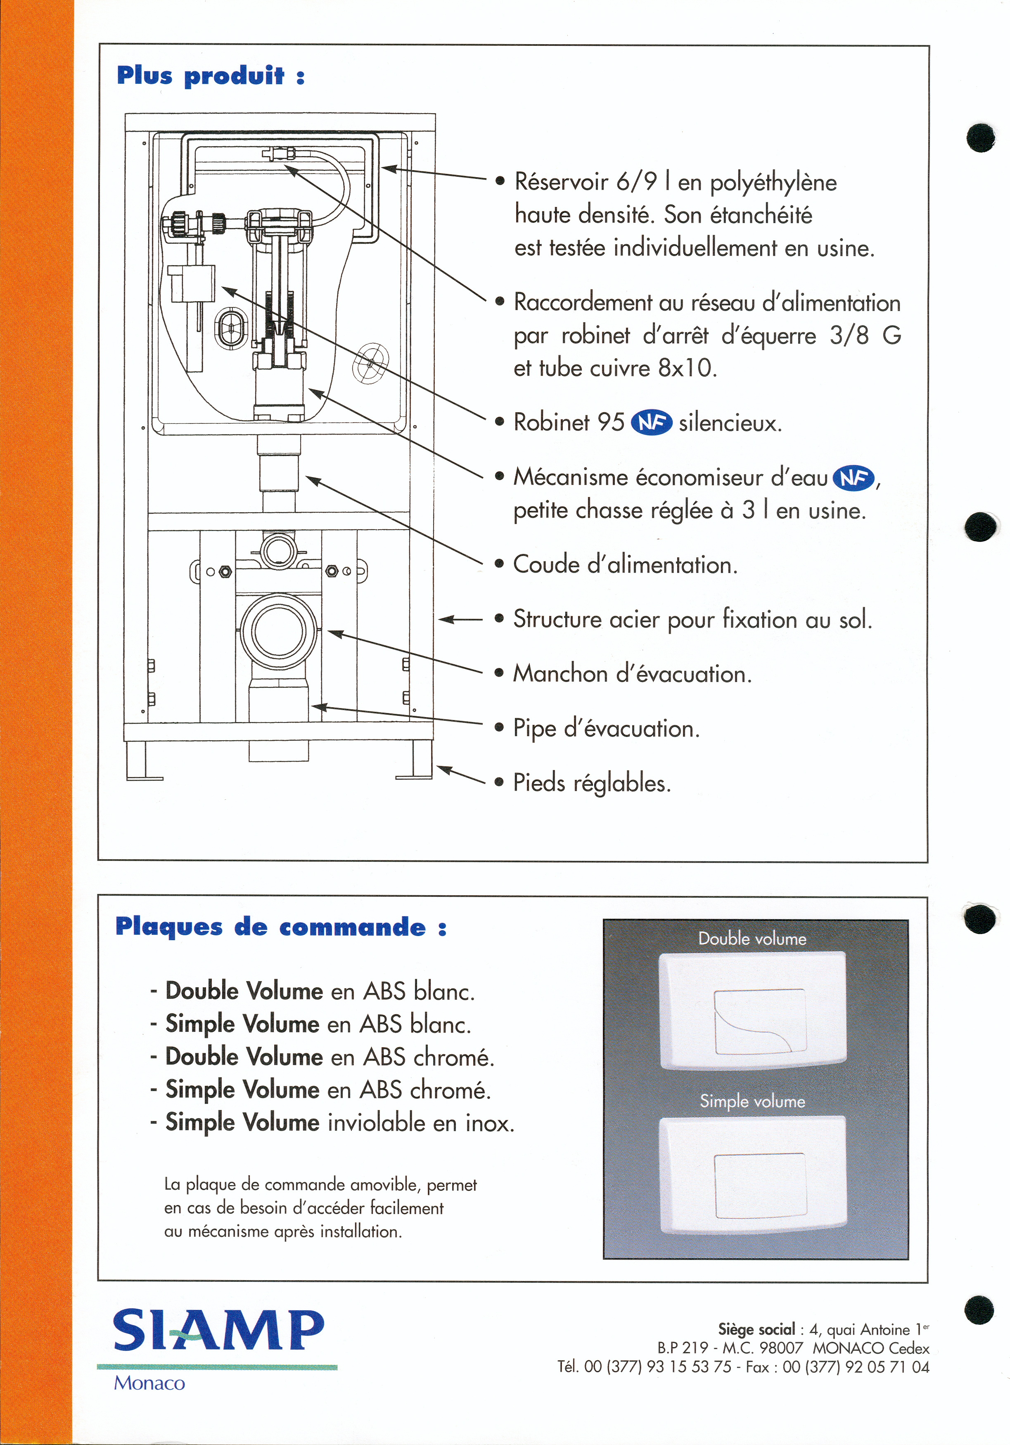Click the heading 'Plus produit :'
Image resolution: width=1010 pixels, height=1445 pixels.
[x=211, y=76]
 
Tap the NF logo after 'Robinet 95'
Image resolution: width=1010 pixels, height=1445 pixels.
[x=651, y=422]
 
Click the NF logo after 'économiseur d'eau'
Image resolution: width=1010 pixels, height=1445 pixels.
[x=854, y=478]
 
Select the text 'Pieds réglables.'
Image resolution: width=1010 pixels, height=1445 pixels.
[x=592, y=783]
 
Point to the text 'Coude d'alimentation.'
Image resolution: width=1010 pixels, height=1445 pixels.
[x=625, y=565]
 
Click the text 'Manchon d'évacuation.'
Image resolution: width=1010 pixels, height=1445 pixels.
[x=632, y=674]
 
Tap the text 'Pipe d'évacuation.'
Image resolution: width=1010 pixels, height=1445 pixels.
[x=606, y=729]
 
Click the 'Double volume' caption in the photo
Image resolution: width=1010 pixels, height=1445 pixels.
[x=752, y=939]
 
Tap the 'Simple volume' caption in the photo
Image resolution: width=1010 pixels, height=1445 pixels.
[x=752, y=1101]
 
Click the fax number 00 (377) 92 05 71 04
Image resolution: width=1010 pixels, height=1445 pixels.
[x=856, y=1367]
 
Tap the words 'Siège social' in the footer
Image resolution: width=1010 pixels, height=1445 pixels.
[x=756, y=1329]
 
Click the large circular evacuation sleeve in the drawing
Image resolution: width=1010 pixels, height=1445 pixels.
[x=278, y=631]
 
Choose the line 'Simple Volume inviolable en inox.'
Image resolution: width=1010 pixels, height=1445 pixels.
[x=340, y=1123]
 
